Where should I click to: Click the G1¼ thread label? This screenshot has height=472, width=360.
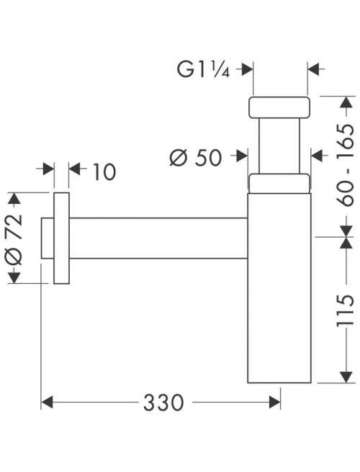point(203,69)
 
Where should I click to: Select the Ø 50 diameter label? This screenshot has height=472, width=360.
point(196,157)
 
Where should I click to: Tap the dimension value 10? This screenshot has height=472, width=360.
point(104,172)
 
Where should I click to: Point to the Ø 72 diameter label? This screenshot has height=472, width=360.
point(14,239)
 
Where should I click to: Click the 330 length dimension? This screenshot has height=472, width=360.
point(163,403)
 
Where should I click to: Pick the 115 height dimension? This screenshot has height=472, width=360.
point(346,311)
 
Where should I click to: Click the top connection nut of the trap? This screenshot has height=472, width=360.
point(279,107)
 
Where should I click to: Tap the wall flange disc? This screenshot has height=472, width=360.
point(62,238)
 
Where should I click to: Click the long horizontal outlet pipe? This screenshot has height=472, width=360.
point(158,238)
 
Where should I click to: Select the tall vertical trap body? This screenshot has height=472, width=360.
point(279,288)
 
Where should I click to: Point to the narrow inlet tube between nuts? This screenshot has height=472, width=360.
point(279,146)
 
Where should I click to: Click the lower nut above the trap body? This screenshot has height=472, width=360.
point(279,183)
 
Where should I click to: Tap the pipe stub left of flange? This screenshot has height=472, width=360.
point(48,238)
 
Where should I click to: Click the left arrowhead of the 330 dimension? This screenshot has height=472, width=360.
point(47,403)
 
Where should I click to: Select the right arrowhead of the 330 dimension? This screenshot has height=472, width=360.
point(275,403)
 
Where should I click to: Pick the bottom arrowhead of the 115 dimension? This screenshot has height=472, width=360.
point(346,377)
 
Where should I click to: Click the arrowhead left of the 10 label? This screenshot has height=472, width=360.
point(48,169)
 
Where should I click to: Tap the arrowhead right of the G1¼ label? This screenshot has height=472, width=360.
point(247,69)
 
